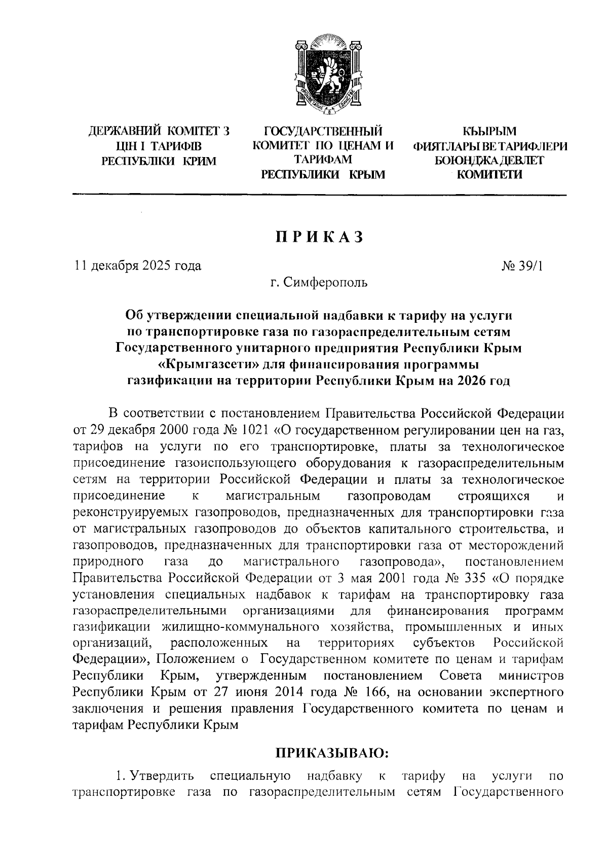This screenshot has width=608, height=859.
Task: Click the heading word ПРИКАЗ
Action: point(320,237)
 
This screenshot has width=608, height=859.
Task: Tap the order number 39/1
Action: point(528,266)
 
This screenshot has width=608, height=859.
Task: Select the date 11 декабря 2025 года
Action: point(138,266)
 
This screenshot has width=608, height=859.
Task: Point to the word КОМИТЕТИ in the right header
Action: point(489,175)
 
